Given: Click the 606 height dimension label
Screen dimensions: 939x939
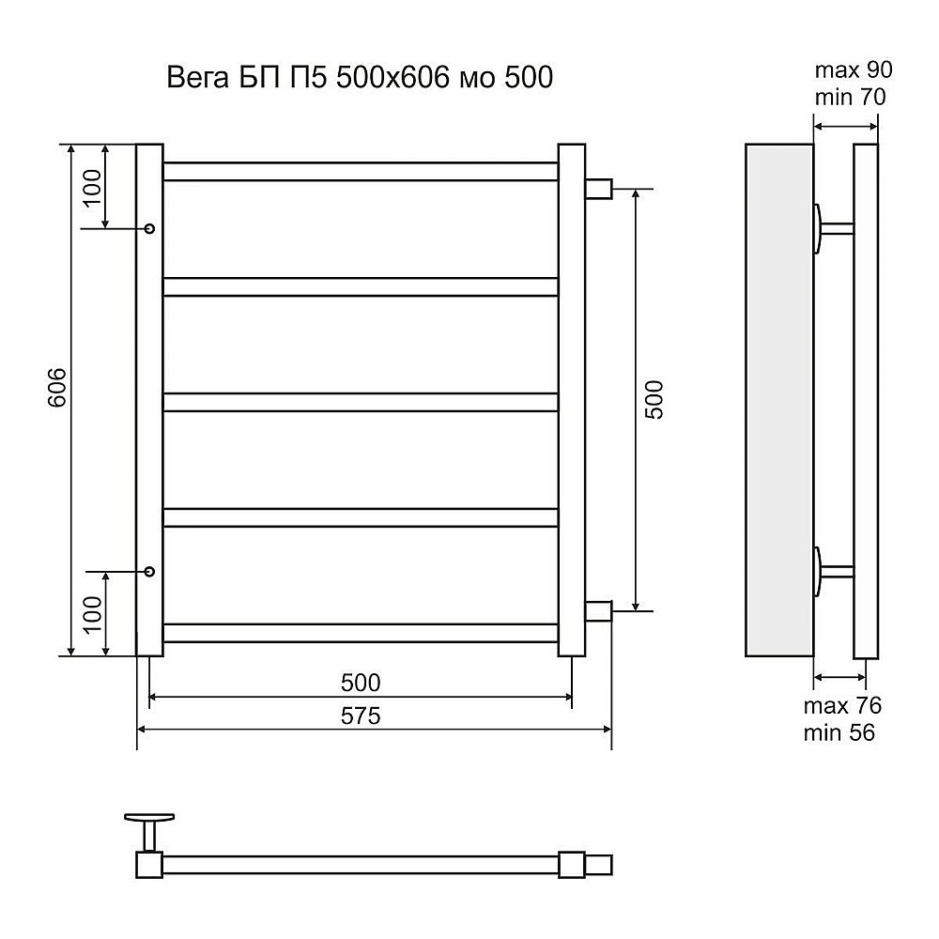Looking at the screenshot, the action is (x=57, y=388).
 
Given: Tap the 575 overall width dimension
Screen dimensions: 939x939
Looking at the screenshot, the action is (x=361, y=716).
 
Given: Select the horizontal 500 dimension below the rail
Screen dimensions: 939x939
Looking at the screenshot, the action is (x=361, y=683).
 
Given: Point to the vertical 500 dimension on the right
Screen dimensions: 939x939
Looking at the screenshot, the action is (x=654, y=399).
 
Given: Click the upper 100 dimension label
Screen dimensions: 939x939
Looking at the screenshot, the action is (x=92, y=188).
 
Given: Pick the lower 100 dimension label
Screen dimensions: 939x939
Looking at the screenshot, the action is (x=92, y=614).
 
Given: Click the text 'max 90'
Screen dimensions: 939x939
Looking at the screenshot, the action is (x=854, y=70).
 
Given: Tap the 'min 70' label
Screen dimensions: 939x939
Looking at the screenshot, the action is (x=850, y=97).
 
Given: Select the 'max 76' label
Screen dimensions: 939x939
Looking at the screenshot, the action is (x=842, y=705).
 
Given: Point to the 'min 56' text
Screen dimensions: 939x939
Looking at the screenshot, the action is (x=839, y=732).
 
